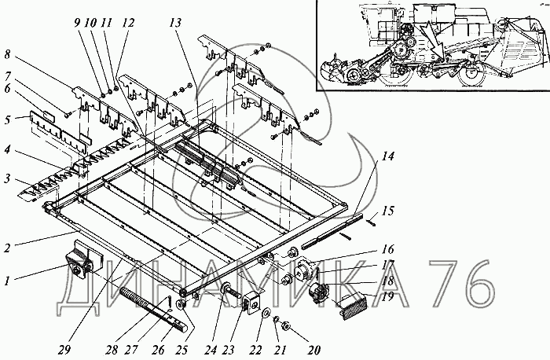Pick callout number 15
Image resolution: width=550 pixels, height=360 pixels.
(387, 211)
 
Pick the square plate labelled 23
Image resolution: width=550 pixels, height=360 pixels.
(252, 301)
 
